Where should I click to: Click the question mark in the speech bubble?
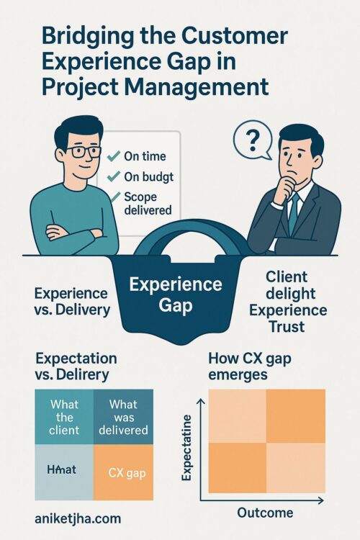click(x=253, y=142)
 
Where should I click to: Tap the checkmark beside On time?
click(x=113, y=156)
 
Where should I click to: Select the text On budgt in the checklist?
click(x=149, y=176)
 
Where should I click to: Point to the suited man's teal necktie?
click(x=294, y=214)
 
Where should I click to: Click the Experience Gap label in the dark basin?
click(x=176, y=294)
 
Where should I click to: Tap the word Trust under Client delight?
click(x=287, y=326)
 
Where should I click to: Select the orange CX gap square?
click(x=123, y=472)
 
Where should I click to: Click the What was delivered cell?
click(x=123, y=417)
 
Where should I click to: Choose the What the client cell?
click(x=64, y=417)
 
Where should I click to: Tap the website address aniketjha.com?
click(x=78, y=518)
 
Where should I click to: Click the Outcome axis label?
click(x=265, y=513)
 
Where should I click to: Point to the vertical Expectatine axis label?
click(x=186, y=448)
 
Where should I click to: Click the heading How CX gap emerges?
click(x=250, y=366)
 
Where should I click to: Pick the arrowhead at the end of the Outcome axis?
click(x=320, y=500)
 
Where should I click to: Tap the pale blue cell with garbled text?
click(x=64, y=472)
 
